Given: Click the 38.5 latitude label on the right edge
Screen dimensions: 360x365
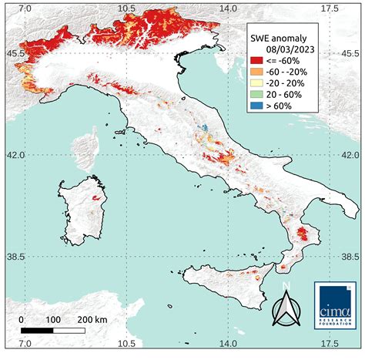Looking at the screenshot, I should click(x=351, y=256).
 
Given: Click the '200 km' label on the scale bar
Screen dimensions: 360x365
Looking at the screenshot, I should click(x=93, y=319).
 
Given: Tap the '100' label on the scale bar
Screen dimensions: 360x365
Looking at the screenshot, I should click(x=53, y=319).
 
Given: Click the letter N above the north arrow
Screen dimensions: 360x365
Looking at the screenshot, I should click(x=285, y=284).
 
